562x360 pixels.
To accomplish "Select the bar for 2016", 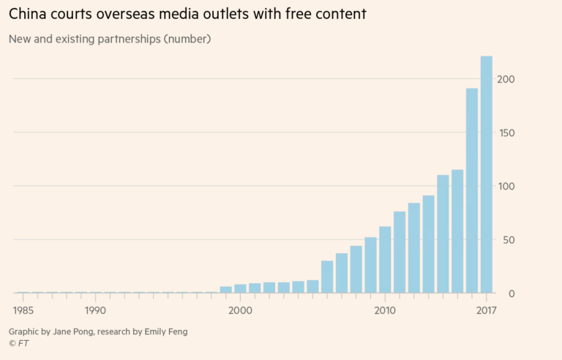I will click(x=472, y=190).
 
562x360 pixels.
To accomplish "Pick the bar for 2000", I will click(x=240, y=288).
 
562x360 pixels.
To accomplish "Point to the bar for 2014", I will click(x=443, y=234).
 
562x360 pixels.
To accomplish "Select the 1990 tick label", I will click(x=94, y=310).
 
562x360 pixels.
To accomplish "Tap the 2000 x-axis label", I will click(x=240, y=310).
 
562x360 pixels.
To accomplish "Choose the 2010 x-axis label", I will click(x=385, y=310).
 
